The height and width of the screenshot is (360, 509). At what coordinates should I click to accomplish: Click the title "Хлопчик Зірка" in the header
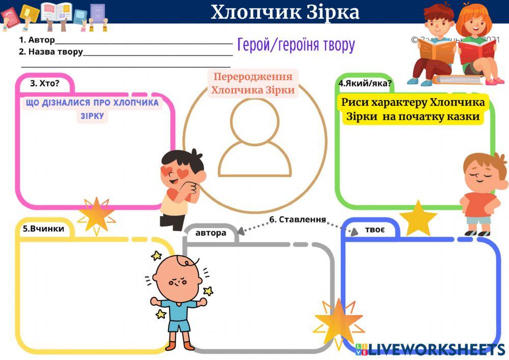pyautogui.click(x=285, y=12)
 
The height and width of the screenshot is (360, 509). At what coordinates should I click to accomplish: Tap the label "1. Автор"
pyautogui.click(x=37, y=40)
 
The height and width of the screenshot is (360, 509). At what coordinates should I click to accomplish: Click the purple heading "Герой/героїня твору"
pyautogui.click(x=296, y=45)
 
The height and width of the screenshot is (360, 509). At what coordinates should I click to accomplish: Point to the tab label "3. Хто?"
pyautogui.click(x=45, y=83)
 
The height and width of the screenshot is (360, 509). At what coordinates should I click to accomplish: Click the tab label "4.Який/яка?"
pyautogui.click(x=365, y=83)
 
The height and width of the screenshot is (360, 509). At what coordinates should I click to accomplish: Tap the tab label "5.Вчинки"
pyautogui.click(x=43, y=229)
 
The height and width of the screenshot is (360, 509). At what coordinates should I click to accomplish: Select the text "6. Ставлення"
pyautogui.click(x=297, y=219)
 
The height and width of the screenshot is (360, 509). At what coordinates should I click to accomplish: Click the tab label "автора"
pyautogui.click(x=211, y=233)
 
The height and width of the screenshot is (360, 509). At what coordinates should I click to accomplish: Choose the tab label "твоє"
pyautogui.click(x=375, y=229)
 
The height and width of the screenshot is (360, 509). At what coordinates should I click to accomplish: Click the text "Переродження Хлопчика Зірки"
pyautogui.click(x=253, y=84)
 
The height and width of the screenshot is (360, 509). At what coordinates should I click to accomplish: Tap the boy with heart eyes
pyautogui.click(x=181, y=183)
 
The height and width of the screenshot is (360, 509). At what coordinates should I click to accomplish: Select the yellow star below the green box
pyautogui.click(x=418, y=219)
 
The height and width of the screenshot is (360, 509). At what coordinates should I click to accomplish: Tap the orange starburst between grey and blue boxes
pyautogui.click(x=338, y=321)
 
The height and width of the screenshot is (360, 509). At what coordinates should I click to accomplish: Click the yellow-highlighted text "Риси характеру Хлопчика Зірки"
pyautogui.click(x=413, y=109)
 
